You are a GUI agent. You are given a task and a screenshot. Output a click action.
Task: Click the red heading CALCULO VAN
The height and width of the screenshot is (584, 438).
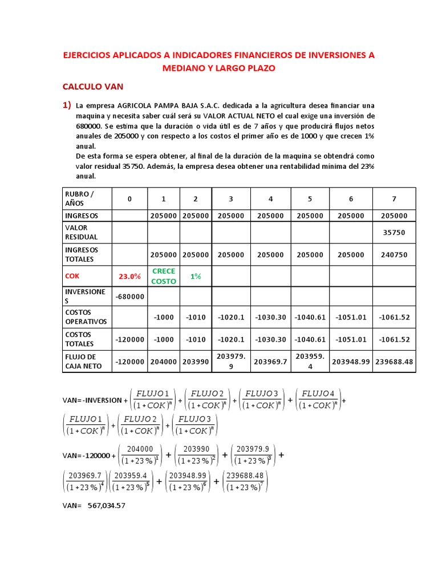(x=92, y=87)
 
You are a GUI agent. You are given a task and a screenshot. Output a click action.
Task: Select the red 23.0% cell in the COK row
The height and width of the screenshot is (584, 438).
(x=129, y=276)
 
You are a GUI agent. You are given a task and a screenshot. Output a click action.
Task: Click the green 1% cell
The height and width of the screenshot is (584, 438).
(x=196, y=276)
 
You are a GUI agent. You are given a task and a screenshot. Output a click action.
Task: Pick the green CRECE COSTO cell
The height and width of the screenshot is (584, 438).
(x=164, y=276)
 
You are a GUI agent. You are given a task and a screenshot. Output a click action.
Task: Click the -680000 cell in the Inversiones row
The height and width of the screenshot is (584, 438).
(x=129, y=297)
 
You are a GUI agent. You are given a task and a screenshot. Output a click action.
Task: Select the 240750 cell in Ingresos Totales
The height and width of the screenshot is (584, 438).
(x=394, y=255)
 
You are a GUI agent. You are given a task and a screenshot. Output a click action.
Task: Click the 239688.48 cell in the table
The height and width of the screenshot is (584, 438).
(x=394, y=362)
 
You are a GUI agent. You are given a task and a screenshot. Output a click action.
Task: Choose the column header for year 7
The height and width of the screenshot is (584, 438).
(x=394, y=199)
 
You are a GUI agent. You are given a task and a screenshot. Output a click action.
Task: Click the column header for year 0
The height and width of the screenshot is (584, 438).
(x=129, y=199)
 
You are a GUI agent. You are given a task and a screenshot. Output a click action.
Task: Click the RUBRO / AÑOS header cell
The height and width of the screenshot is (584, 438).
(x=80, y=198)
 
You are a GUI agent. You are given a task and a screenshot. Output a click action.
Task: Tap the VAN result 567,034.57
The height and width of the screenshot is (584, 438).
(x=106, y=505)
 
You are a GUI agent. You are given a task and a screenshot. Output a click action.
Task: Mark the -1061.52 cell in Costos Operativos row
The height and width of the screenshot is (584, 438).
(x=394, y=317)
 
